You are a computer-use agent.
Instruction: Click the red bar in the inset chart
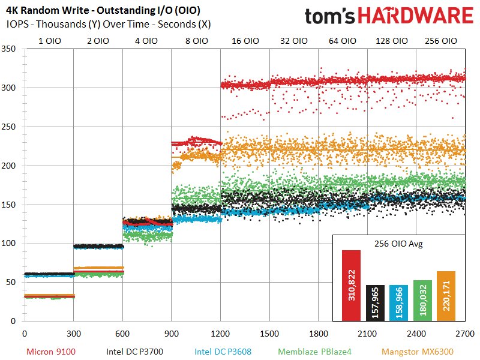[351, 285]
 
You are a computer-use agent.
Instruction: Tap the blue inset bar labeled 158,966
[398, 302]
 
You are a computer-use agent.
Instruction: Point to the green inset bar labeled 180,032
[422, 300]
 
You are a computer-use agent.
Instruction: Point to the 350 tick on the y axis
[11, 49]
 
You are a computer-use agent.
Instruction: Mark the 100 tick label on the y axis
[11, 244]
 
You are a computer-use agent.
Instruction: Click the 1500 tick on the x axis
[270, 333]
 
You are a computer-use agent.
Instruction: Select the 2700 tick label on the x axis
[465, 333]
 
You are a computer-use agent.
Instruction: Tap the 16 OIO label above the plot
[245, 41]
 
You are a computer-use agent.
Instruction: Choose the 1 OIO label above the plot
[49, 41]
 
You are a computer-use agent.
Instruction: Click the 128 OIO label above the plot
[392, 41]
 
